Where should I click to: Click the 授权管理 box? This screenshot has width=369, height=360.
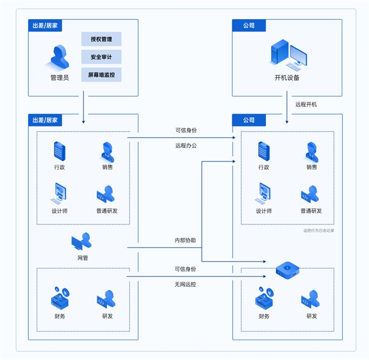(101, 39)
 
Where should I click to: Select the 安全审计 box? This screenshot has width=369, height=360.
(101, 57)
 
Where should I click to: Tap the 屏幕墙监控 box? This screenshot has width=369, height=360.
(101, 74)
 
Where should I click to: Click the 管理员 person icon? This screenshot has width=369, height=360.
(60, 57)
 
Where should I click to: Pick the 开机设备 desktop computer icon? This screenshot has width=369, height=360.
(288, 54)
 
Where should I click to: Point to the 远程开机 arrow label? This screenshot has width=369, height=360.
(306, 104)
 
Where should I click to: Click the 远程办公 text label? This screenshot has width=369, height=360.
(186, 146)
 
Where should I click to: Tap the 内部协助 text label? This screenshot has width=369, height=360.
(185, 240)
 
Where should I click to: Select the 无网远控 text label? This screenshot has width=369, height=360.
(186, 283)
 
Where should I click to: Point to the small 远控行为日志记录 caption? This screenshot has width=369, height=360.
(319, 231)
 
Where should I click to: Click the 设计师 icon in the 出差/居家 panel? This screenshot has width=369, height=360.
(59, 194)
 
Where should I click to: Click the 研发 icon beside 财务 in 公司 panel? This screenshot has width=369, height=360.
(311, 298)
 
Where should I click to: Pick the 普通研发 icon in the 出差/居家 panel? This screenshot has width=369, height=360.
(106, 194)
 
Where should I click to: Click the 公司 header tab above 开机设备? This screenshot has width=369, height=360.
(249, 26)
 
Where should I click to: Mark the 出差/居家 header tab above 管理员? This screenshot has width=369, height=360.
(45, 26)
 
